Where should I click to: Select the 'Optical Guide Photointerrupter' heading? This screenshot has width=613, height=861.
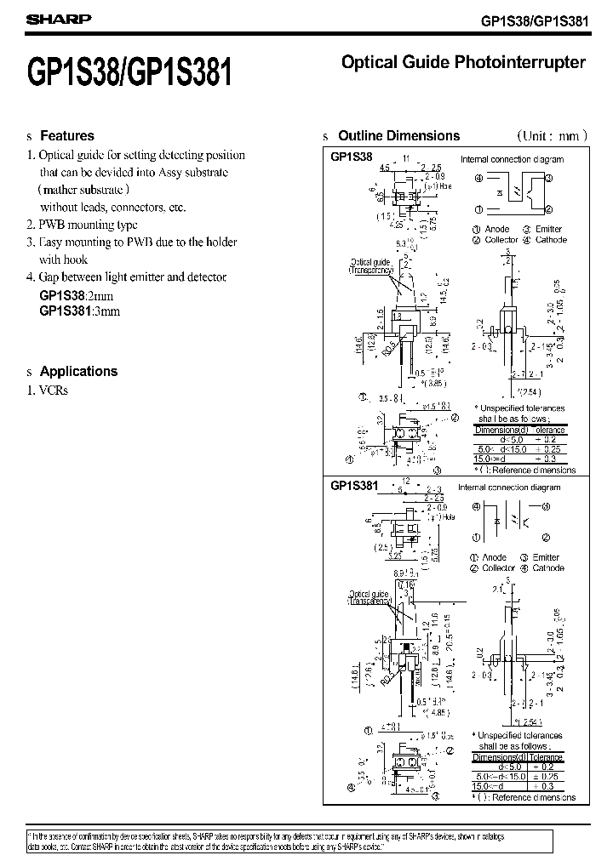tap(463, 62)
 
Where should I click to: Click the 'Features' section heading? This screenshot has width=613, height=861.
tap(67, 135)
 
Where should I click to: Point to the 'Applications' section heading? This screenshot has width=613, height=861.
tap(78, 371)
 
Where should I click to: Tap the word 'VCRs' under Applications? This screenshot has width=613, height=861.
tap(54, 391)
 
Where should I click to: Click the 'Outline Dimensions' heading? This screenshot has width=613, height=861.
tap(398, 135)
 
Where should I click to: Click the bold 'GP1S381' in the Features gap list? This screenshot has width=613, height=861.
tap(65, 311)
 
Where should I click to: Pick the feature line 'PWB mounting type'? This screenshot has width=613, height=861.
tap(89, 225)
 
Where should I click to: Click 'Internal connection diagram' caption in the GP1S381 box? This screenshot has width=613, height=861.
tap(509, 488)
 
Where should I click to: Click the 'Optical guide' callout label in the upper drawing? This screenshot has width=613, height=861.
tap(370, 261)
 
